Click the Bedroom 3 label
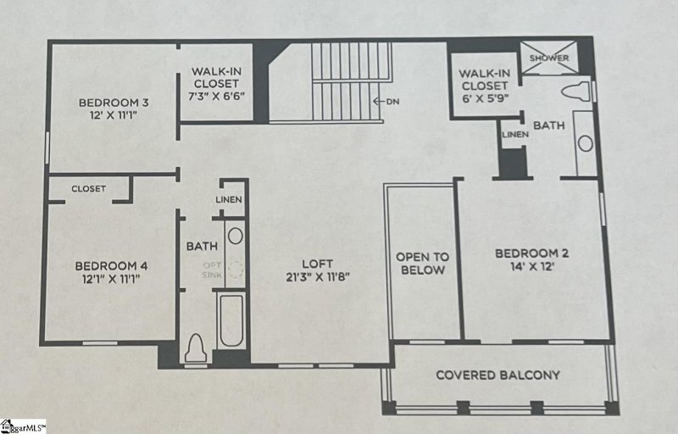pyautogui.click(x=114, y=103)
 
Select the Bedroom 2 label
pyautogui.click(x=531, y=253)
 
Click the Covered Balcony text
pyautogui.click(x=497, y=375)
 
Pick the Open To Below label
pyautogui.click(x=422, y=263)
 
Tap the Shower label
pyautogui.click(x=550, y=58)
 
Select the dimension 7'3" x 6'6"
pyautogui.click(x=217, y=96)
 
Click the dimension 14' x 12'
pyautogui.click(x=531, y=267)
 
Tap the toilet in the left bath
pyautogui.click(x=196, y=347)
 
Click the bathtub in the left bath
pyautogui.click(x=231, y=320)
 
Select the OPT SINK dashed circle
pyautogui.click(x=236, y=270)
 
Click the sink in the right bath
pyautogui.click(x=586, y=143)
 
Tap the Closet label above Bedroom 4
pyautogui.click(x=88, y=189)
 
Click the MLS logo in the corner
pyautogui.click(x=23, y=426)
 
